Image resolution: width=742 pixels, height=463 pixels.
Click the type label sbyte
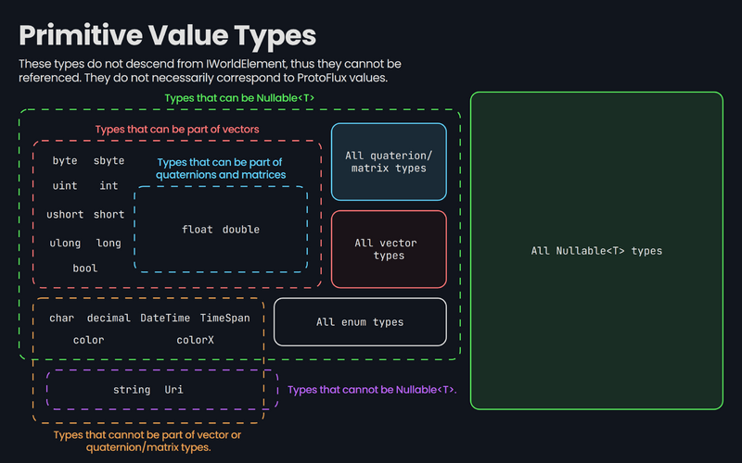(x=109, y=160)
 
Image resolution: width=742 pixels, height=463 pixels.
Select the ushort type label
(x=65, y=215)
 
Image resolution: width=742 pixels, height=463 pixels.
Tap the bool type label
(x=84, y=269)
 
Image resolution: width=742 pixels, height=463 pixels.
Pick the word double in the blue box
(x=241, y=230)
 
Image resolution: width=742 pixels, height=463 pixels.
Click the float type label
(x=198, y=230)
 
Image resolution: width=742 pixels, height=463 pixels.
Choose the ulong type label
(x=65, y=244)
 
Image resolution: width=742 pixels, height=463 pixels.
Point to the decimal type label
(x=109, y=318)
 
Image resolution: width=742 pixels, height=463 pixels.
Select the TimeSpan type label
(x=225, y=318)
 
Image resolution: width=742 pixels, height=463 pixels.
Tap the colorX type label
(x=195, y=340)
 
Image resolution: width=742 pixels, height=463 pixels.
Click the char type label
(x=61, y=318)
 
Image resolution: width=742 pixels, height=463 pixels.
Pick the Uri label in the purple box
(x=174, y=390)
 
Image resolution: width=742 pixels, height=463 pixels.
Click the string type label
(x=131, y=390)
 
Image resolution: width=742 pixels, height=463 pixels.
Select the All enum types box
(x=360, y=322)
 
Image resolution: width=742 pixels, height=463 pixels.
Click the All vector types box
(x=388, y=249)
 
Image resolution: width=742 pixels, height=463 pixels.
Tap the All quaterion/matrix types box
(x=388, y=161)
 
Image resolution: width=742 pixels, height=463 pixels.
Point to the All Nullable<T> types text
(x=596, y=250)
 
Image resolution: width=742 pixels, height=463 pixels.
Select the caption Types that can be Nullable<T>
(x=238, y=97)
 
